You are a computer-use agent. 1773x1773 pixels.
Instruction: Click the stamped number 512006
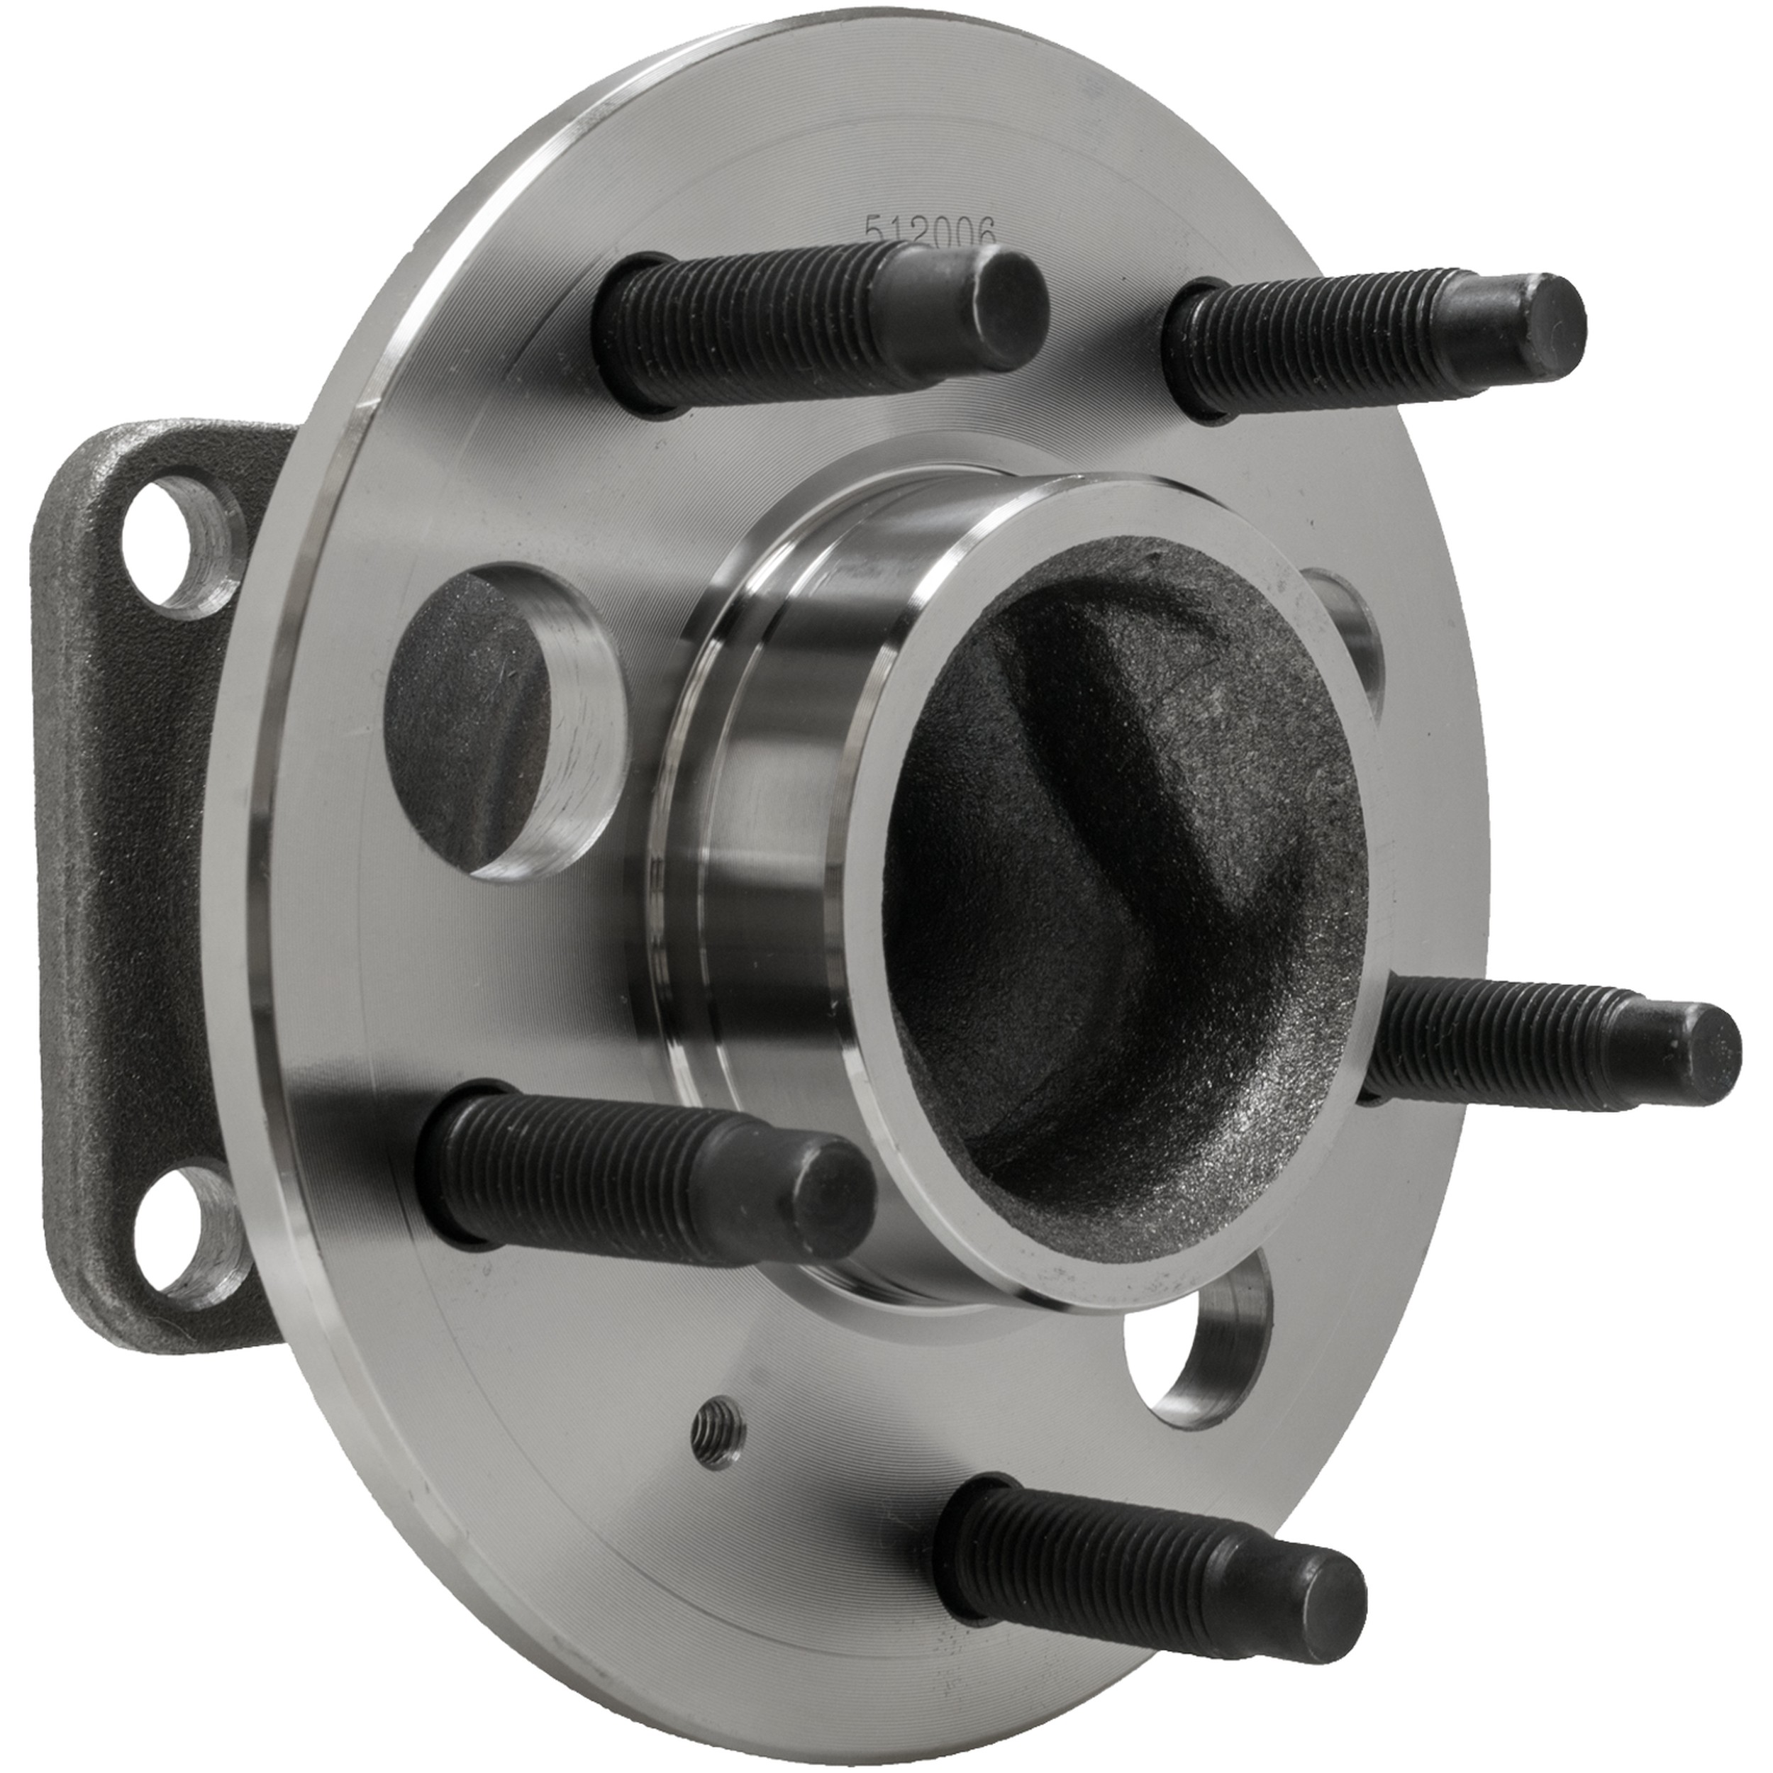pyautogui.click(x=930, y=229)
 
